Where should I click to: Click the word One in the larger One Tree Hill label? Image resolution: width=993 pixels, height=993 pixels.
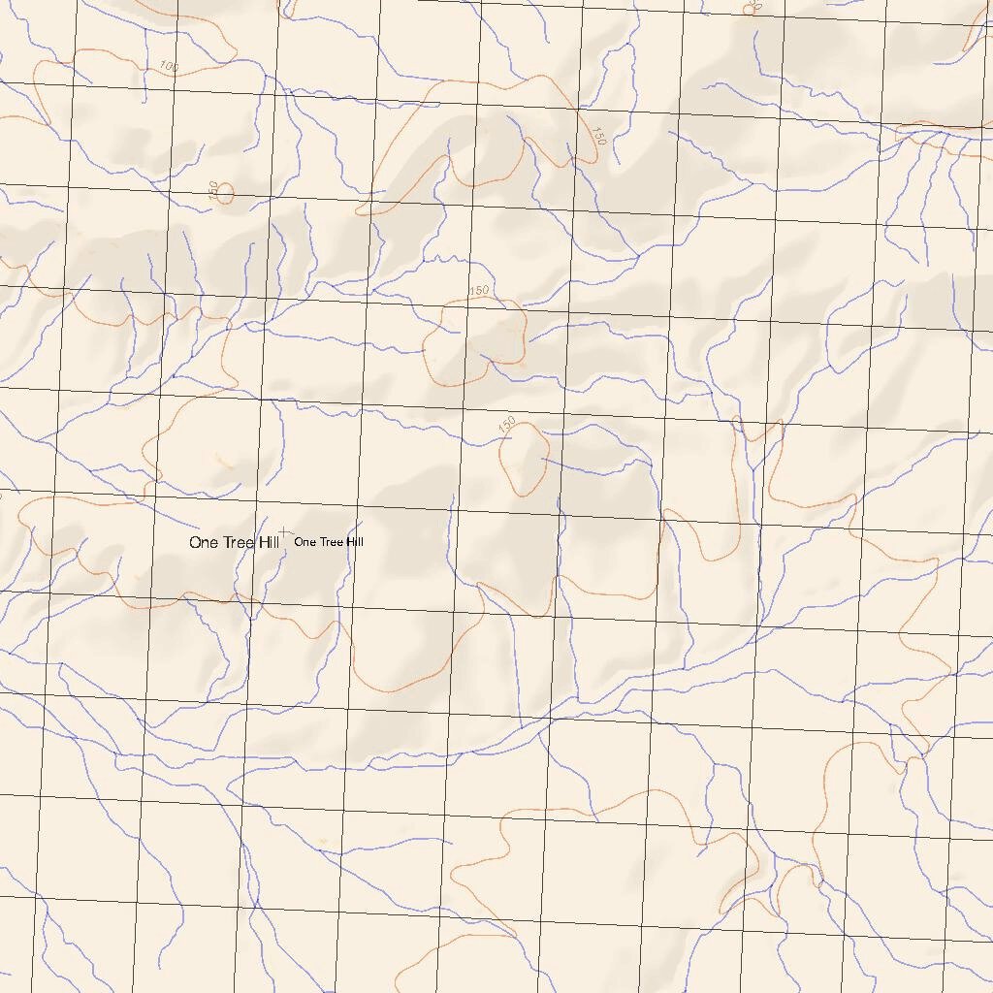pyautogui.click(x=204, y=543)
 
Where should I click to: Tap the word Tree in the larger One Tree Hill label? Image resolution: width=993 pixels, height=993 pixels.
pyautogui.click(x=238, y=543)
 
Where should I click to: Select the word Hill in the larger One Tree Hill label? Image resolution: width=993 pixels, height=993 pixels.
pyautogui.click(x=268, y=543)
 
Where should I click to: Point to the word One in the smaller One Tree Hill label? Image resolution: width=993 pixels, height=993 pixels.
pyautogui.click(x=304, y=542)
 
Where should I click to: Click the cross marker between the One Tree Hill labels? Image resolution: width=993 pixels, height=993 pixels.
pyautogui.click(x=281, y=532)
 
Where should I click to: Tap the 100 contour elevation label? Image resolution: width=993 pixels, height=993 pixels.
pyautogui.click(x=170, y=66)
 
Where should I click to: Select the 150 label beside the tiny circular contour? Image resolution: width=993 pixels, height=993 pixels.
pyautogui.click(x=214, y=188)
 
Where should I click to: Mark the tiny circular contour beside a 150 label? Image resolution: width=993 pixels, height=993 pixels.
pyautogui.click(x=225, y=194)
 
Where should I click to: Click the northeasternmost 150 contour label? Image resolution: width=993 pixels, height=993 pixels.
pyautogui.click(x=597, y=135)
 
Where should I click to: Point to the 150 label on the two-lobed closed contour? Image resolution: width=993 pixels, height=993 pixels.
pyautogui.click(x=479, y=291)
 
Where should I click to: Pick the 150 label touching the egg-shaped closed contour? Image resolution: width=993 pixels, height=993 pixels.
pyautogui.click(x=506, y=425)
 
